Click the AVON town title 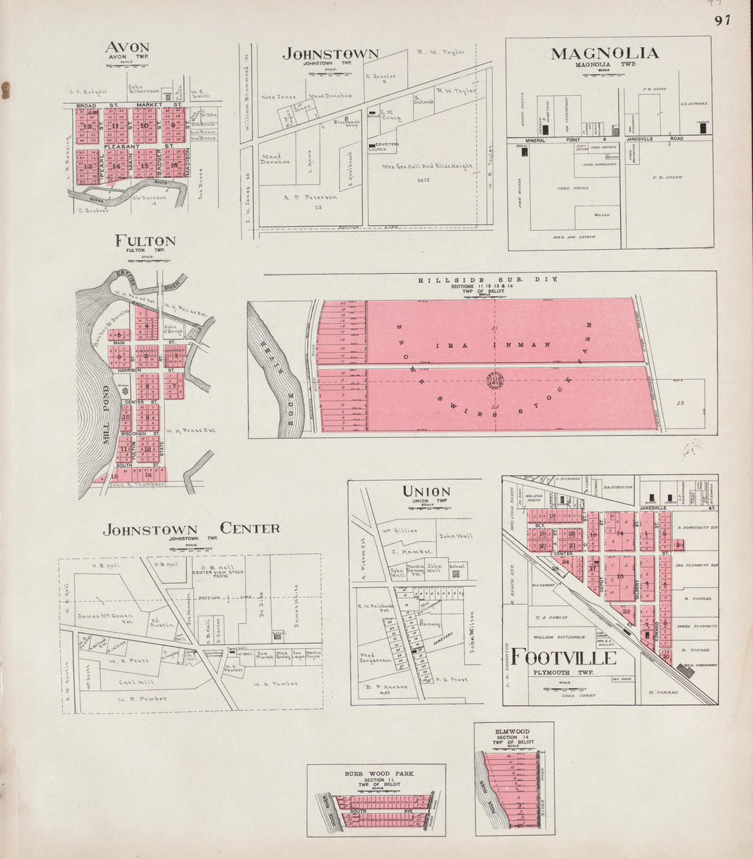pyautogui.click(x=127, y=48)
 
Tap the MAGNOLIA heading pyautogui.click(x=604, y=53)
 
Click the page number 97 pyautogui.click(x=722, y=20)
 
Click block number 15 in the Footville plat pyautogui.click(x=620, y=576)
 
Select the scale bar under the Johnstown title pyautogui.click(x=331, y=75)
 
